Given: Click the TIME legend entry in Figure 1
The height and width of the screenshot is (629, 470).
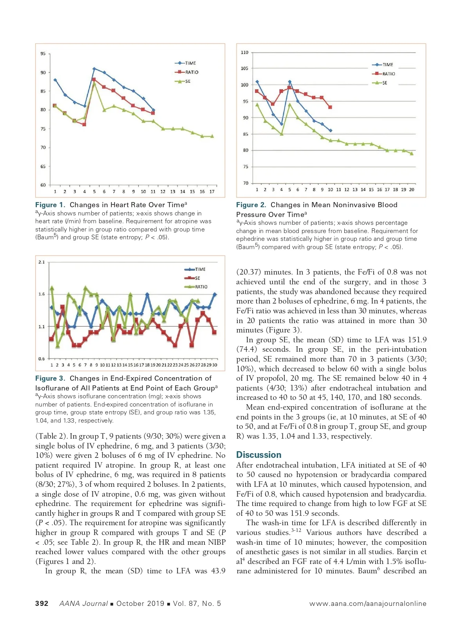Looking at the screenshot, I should pos(190,63).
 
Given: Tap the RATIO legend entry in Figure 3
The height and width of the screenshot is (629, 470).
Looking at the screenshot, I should pos(201,287).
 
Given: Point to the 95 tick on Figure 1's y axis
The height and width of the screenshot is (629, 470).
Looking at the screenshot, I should pos(43,54).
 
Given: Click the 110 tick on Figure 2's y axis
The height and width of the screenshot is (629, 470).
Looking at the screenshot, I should pos(244,52).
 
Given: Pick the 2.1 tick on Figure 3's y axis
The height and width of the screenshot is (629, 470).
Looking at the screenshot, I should pos(42,262).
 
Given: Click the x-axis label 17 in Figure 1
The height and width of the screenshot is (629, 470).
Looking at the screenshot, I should pos(212,192).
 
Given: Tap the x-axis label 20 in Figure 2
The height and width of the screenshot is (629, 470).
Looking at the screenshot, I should pos(412,190).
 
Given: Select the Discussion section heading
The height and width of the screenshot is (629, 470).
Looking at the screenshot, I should pos(258,455).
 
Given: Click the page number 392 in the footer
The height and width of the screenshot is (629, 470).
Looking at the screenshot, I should pos(42,604).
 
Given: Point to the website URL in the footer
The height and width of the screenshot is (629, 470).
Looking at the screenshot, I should pos(368,604).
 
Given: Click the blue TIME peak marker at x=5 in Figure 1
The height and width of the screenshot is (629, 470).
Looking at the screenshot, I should pos(94,69).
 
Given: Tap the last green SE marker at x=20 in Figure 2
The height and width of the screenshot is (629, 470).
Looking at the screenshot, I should pos(412,154).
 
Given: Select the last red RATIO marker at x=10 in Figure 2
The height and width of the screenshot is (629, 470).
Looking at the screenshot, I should pos(330,107).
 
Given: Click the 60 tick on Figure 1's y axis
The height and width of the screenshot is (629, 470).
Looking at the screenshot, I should pos(43,185).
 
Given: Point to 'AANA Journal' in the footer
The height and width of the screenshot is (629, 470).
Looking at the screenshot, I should pos(83,604).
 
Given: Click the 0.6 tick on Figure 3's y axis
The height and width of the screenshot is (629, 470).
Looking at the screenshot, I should pos(42,359).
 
